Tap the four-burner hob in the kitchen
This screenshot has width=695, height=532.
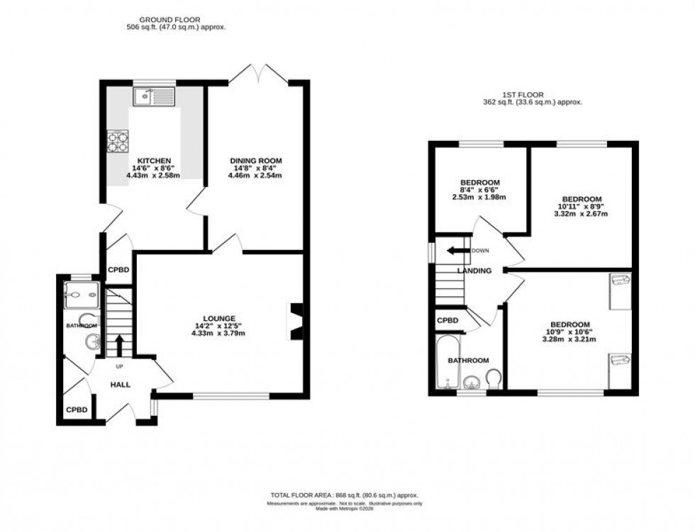116,141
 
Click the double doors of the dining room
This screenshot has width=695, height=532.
260,73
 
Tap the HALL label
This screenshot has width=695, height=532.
120,383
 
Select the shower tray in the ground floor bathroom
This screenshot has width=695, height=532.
74,295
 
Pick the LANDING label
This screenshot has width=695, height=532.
474,271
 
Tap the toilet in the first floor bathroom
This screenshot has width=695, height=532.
494,380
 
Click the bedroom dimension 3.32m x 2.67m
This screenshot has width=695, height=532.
582,213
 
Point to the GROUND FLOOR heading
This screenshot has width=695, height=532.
169,20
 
